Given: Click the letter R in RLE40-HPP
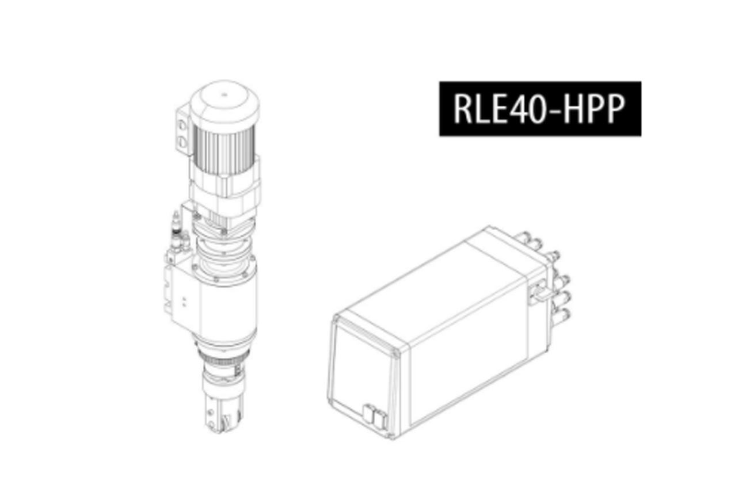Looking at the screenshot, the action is [463, 109].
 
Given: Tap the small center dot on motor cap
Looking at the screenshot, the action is [224, 94].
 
